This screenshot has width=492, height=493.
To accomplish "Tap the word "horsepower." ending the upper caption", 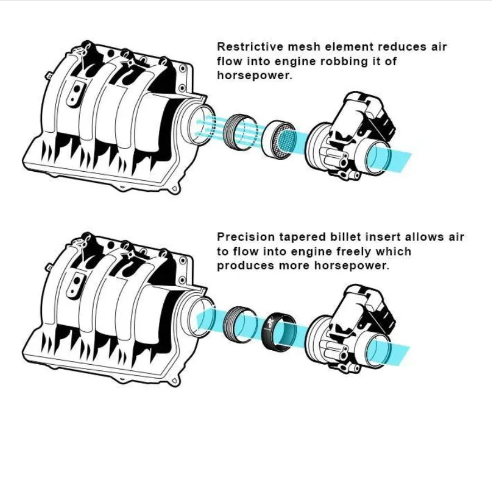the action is [255, 75].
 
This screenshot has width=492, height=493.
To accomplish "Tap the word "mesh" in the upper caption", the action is [304, 46].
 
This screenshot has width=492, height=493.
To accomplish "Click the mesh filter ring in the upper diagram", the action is [278, 138].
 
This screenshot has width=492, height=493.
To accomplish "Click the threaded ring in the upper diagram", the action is [241, 132].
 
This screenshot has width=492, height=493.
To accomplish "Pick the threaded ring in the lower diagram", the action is [241, 324].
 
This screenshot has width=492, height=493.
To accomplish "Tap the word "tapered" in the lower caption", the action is [302, 238].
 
